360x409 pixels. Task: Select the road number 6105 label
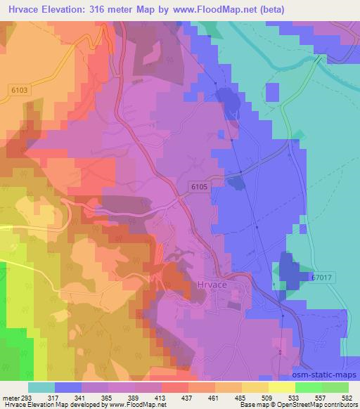pyautogui.click(x=200, y=186)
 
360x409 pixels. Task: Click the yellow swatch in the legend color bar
pyautogui.click(x=281, y=387)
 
